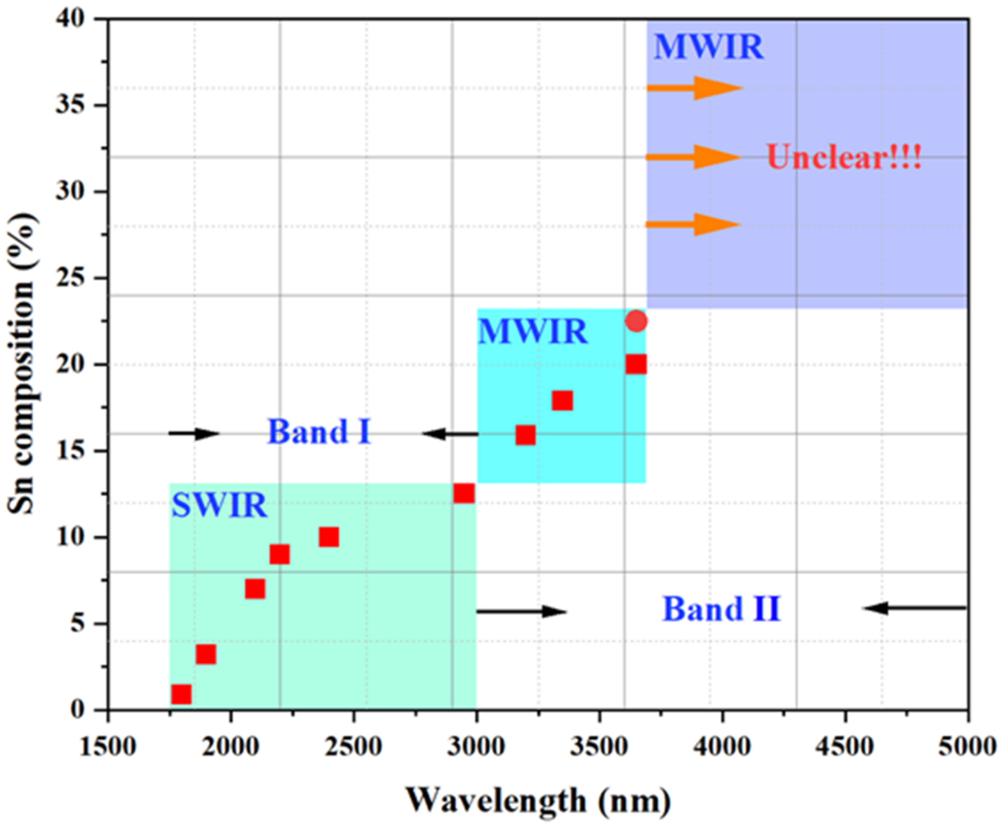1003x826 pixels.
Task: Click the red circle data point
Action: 636,321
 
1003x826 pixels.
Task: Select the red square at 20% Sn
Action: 636,364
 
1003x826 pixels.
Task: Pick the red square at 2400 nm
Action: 329,537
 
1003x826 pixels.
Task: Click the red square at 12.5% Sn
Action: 464,494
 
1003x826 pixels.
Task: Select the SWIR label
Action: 219,506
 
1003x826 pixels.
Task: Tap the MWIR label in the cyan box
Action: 532,332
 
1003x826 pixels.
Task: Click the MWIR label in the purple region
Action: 709,47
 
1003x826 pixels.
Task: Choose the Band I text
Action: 319,432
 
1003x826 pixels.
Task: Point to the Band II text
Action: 722,609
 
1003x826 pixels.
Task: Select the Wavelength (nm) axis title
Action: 538,800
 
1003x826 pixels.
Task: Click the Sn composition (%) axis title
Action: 21,364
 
